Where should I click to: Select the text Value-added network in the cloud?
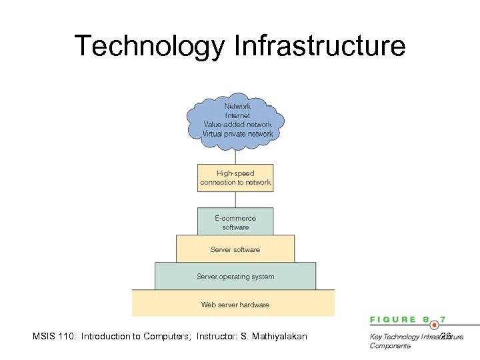coord(237,124)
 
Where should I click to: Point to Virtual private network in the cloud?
coord(237,133)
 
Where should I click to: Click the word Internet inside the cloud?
coord(237,115)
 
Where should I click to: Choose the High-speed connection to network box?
coord(235,177)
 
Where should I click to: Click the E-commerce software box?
coord(235,222)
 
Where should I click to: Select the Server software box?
coord(235,249)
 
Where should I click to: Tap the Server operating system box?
coord(235,277)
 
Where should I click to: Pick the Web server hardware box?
coord(235,304)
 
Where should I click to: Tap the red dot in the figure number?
coord(434,324)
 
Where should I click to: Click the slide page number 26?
coord(446,335)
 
